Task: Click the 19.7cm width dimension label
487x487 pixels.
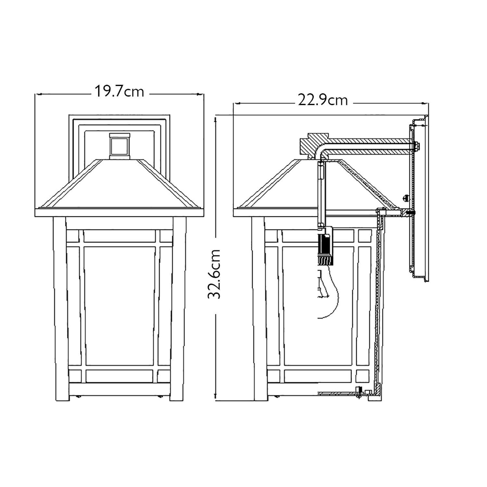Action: (119, 92)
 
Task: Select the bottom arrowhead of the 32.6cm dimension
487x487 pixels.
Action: (215, 396)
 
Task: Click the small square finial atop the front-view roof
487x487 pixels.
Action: (119, 146)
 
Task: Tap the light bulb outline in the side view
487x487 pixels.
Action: (328, 292)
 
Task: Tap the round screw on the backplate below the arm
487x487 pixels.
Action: (405, 197)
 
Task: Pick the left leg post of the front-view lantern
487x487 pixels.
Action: (60, 308)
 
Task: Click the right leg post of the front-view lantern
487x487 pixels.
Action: (179, 308)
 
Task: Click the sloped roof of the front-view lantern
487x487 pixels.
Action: (119, 185)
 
